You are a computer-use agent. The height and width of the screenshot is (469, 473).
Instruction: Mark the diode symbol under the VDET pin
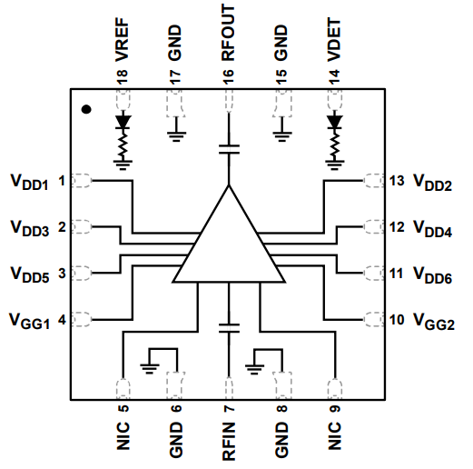pyautogui.click(x=335, y=120)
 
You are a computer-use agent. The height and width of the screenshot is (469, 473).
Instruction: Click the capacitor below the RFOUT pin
pyautogui.click(x=228, y=147)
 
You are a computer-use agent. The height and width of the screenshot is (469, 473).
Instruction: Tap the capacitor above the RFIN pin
pyautogui.click(x=228, y=326)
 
